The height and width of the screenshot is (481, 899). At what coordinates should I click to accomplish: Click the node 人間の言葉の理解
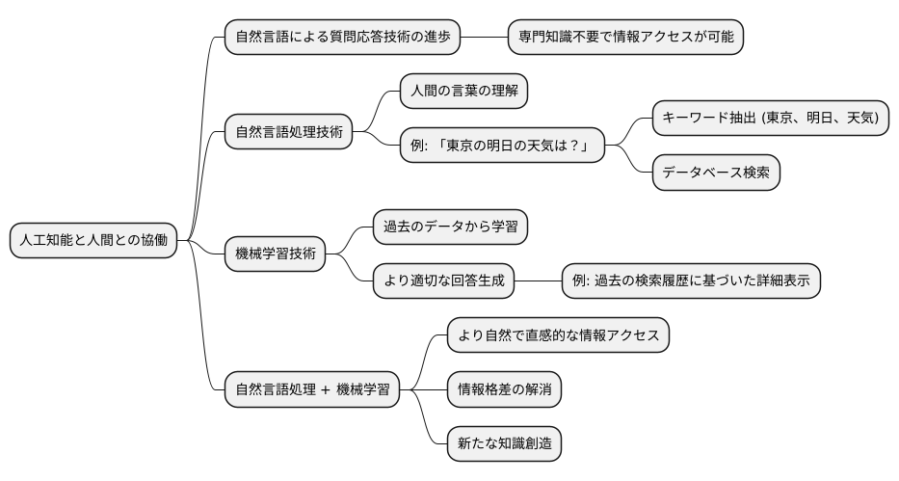(x=463, y=93)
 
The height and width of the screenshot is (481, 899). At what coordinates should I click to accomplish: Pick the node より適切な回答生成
(x=443, y=281)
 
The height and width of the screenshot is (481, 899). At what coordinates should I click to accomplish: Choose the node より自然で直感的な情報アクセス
(x=558, y=335)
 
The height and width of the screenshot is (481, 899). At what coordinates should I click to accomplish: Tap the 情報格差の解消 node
(x=504, y=389)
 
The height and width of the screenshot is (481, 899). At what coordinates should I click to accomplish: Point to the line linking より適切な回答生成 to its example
(x=538, y=281)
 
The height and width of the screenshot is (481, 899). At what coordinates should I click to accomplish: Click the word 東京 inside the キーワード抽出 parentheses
(x=785, y=118)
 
